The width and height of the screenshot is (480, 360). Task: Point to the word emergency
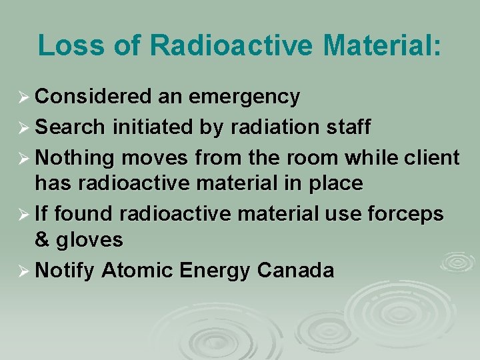(x=244, y=97)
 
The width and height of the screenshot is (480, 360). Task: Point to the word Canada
(x=295, y=271)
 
